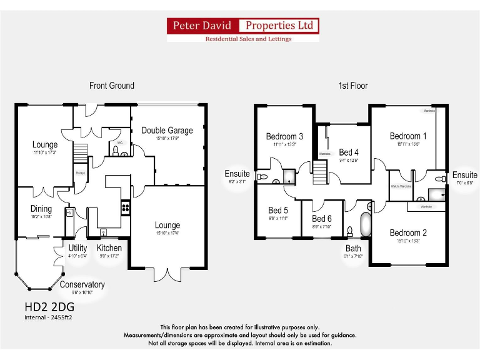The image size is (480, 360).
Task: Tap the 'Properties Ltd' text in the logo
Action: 279,26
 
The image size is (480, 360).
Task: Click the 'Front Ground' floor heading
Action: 111,86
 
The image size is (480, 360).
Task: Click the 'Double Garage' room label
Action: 167,131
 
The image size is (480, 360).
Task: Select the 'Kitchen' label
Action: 109,248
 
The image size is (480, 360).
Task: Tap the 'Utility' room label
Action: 77,248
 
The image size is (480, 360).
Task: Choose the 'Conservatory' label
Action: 82,285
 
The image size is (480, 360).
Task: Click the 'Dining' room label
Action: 41,209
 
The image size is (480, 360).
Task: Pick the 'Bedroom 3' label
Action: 284,136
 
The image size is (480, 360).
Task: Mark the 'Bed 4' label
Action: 349,152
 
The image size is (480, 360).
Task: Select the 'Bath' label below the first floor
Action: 354,248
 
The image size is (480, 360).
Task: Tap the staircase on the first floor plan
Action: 320,171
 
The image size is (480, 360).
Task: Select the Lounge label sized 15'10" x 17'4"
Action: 167,225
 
